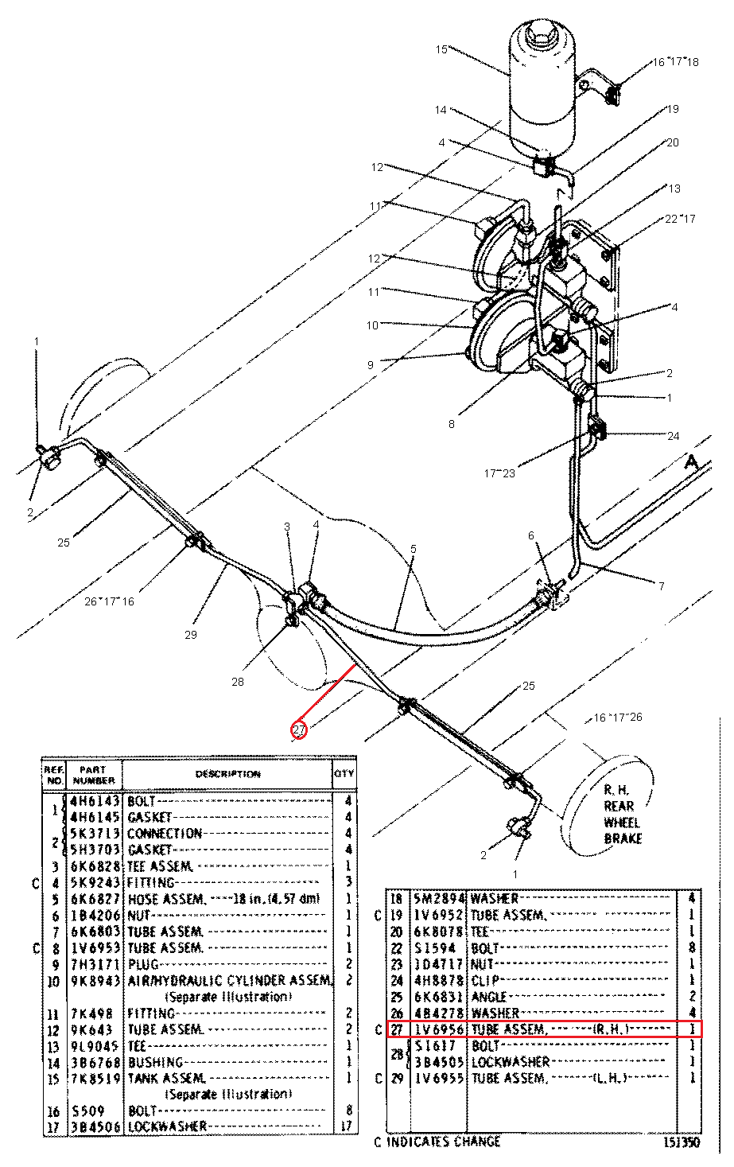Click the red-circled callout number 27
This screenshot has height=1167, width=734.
(x=298, y=729)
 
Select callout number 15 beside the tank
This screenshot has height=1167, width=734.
(x=441, y=49)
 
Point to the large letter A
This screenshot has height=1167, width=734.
(x=691, y=463)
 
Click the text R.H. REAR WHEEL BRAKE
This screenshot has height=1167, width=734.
(x=622, y=814)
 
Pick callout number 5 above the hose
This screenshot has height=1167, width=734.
(x=413, y=549)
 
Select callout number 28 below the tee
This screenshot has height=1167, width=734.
(x=238, y=681)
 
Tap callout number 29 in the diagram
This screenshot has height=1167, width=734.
(x=190, y=634)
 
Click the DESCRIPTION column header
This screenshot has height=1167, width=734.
(x=227, y=774)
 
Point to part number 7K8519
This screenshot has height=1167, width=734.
(x=95, y=1078)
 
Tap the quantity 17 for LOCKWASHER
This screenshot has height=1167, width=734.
(x=346, y=1126)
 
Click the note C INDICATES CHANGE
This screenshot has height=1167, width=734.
(x=437, y=1142)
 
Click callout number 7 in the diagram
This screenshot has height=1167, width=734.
(x=661, y=586)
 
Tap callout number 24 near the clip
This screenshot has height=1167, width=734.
(x=674, y=436)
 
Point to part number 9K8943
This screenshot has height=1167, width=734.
(x=95, y=981)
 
